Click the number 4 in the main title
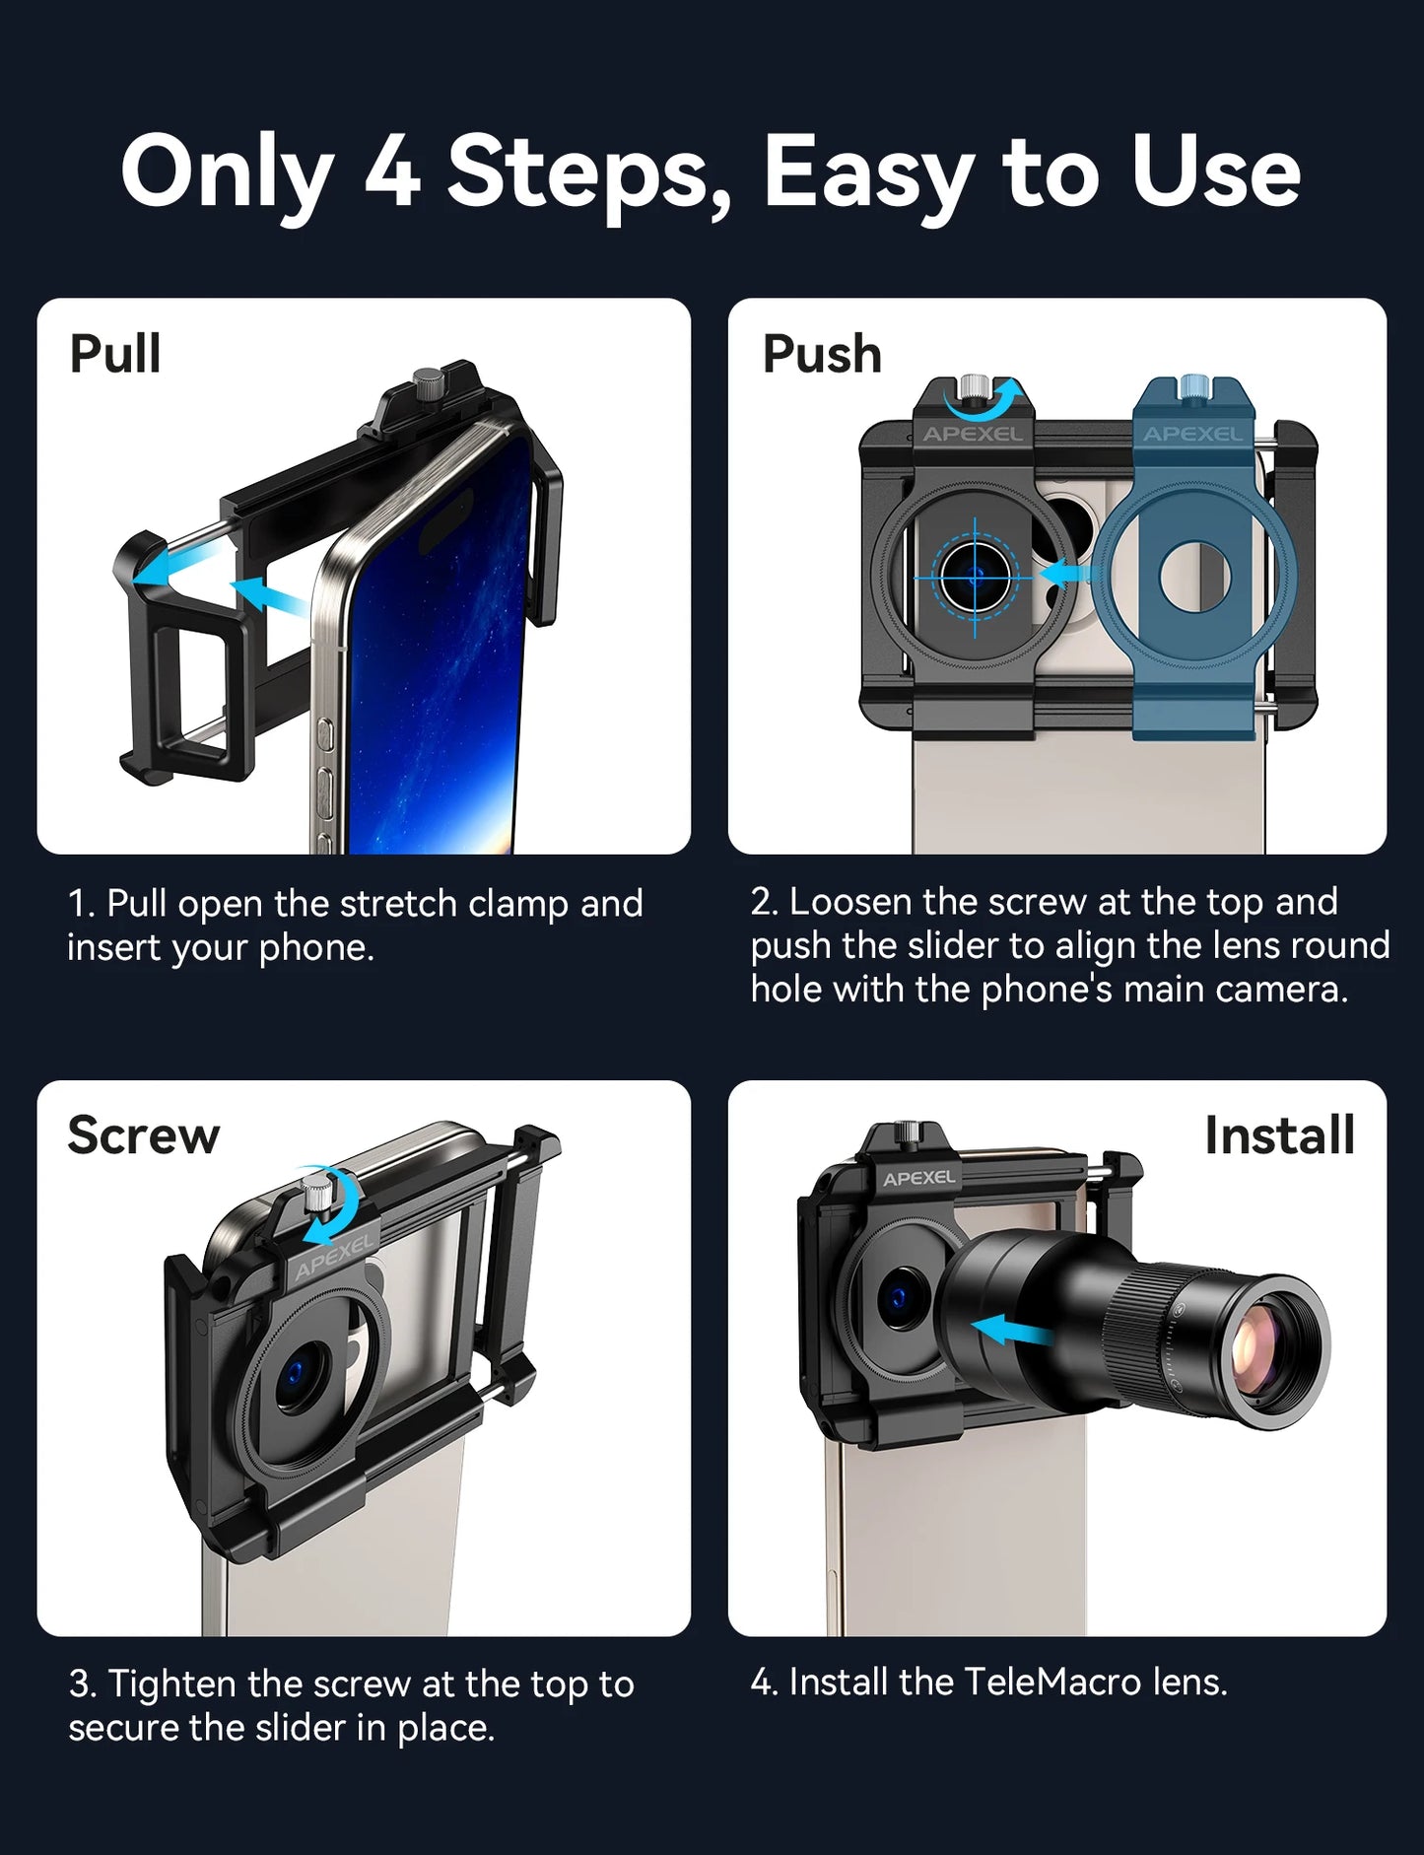pyautogui.click(x=393, y=172)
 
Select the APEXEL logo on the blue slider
pyautogui.click(x=1191, y=434)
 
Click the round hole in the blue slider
pyautogui.click(x=1194, y=575)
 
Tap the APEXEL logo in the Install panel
pyautogui.click(x=918, y=1178)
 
